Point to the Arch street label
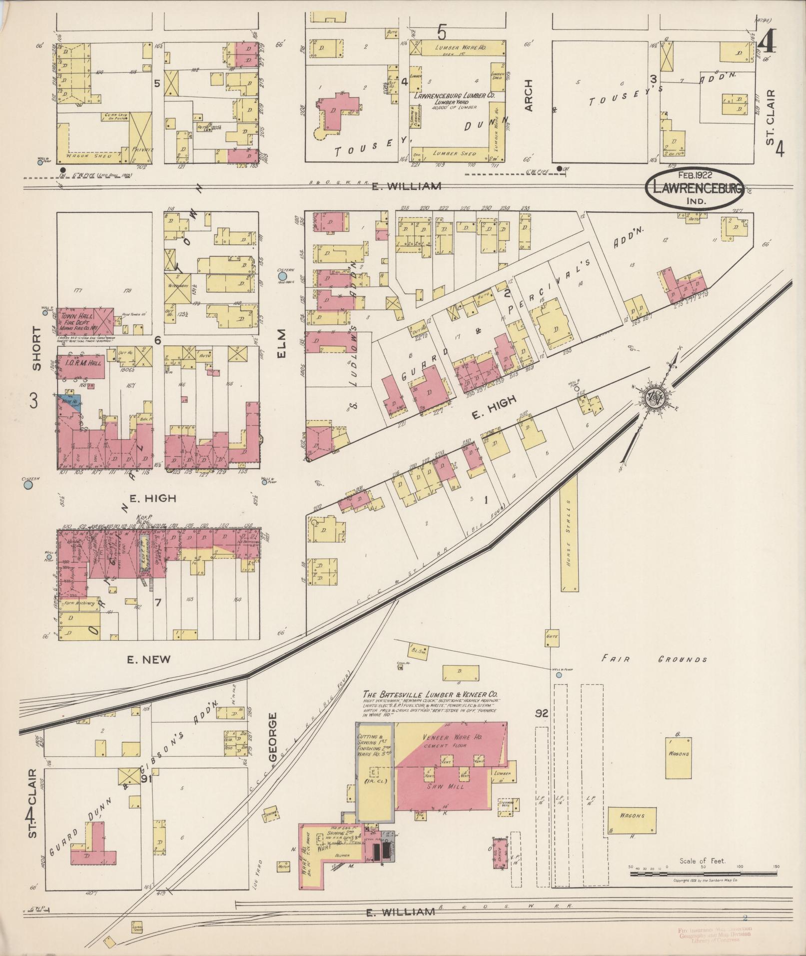(x=529, y=95)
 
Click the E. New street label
(x=149, y=660)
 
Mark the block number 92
(x=542, y=714)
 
